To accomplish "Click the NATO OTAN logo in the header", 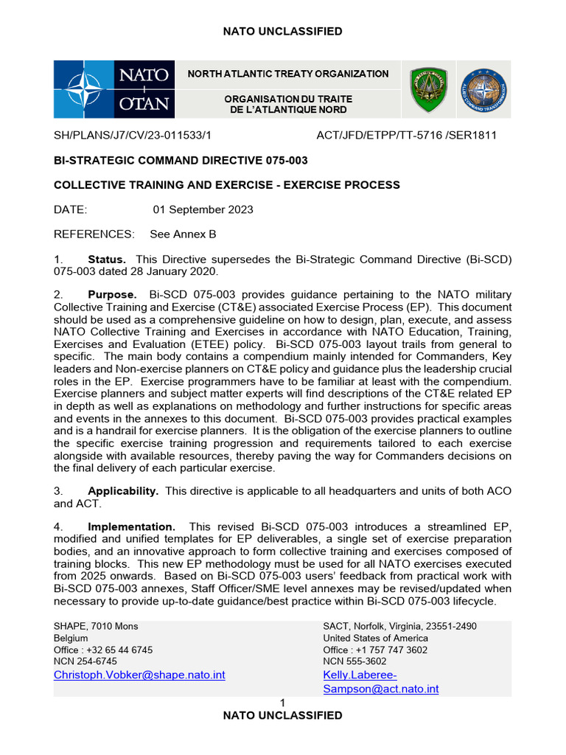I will tap(114, 89).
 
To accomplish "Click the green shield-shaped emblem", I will tap(427, 90).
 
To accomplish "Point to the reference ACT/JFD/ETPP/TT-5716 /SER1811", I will tap(406, 136).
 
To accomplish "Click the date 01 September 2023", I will tap(203, 209).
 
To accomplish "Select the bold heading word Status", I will tap(107, 260).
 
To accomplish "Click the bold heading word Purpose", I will tap(112, 295).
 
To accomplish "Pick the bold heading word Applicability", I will tap(123, 491).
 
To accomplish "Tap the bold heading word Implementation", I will tap(131, 526).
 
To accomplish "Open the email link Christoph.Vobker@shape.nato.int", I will tap(139, 675).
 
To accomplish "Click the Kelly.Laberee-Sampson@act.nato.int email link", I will tap(380, 682).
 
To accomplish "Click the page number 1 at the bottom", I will tap(282, 703).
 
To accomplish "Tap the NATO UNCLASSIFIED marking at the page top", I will tap(283, 31).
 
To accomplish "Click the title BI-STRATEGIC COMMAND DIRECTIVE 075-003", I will tap(181, 160).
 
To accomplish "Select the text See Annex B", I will tap(183, 234).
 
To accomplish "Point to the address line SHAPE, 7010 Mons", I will tap(96, 627).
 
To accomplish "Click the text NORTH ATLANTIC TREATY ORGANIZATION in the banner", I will tap(288, 74).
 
